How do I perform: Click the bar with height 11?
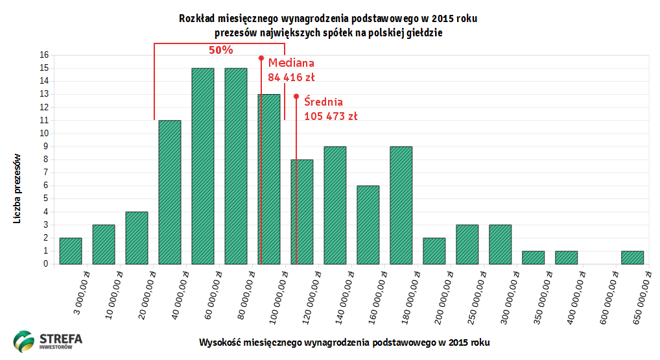tap(170, 192)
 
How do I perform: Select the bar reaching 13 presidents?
tap(269, 179)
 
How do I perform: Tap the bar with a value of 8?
tap(302, 211)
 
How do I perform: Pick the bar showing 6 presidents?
tap(368, 224)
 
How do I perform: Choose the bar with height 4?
tap(137, 237)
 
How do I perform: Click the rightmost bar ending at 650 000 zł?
tap(632, 257)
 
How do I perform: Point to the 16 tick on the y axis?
tap(45, 55)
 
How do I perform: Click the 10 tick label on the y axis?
tap(45, 134)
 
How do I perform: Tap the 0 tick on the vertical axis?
tap(46, 264)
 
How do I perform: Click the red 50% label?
tap(221, 50)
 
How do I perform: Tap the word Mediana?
tap(291, 63)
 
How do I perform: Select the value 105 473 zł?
tap(331, 117)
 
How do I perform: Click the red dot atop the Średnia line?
tap(296, 97)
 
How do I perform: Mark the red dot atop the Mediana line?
tap(261, 58)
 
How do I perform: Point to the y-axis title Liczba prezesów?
tap(18, 189)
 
